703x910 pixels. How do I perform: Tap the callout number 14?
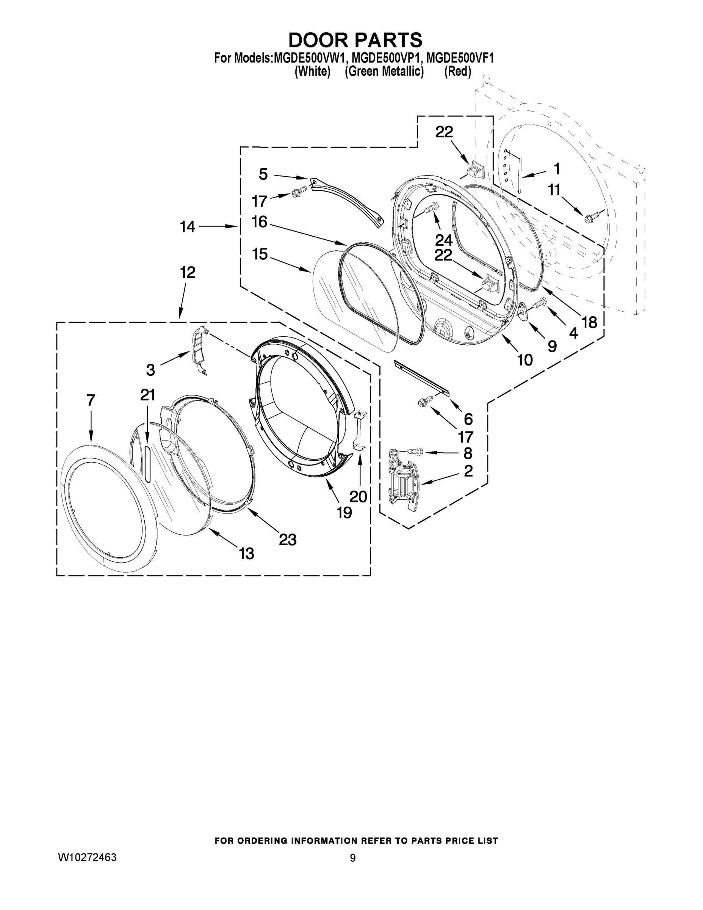188,227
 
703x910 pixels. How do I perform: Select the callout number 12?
188,273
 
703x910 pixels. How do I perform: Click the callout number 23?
287,540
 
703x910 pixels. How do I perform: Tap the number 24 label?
443,240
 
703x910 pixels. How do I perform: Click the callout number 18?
589,322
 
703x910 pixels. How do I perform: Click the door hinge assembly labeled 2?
402,479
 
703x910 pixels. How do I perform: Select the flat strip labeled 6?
421,378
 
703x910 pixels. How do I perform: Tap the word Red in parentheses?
457,72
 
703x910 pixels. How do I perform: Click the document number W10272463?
87,857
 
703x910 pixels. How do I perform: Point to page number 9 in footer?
352,858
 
